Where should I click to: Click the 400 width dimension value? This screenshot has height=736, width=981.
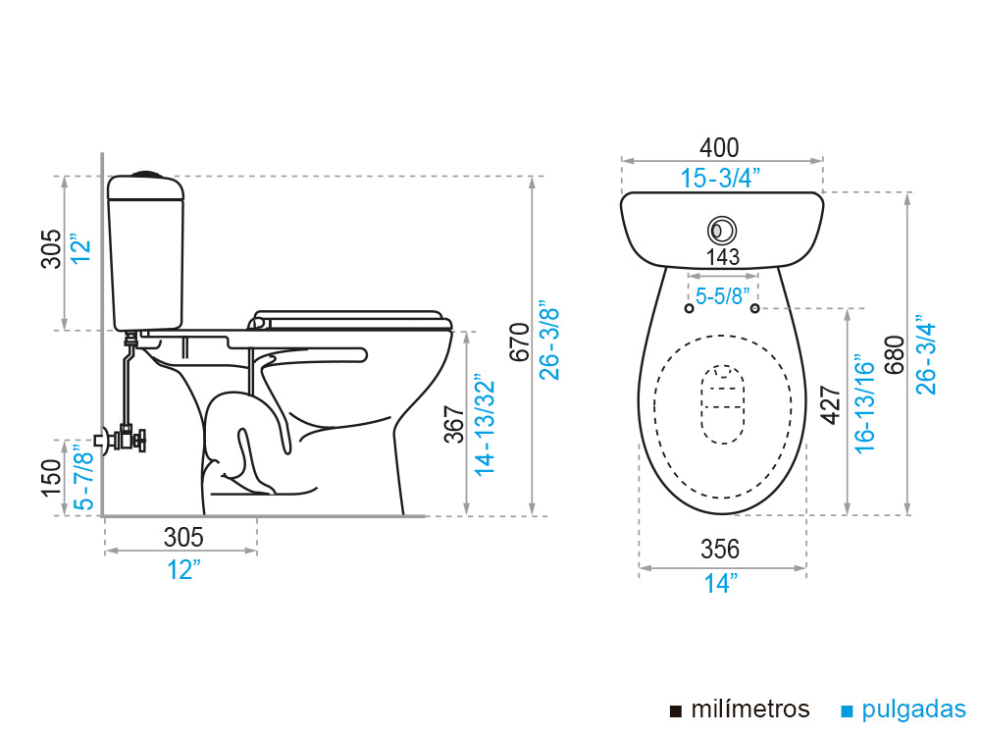point(719,148)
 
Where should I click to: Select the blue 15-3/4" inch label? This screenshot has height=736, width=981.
point(720,179)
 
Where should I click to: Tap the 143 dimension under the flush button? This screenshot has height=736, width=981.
point(723,256)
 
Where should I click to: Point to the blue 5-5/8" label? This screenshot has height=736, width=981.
point(723,296)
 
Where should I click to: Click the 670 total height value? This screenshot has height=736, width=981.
point(520,342)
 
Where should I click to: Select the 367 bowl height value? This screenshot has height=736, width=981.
point(455,424)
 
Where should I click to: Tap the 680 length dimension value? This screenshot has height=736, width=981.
point(896,355)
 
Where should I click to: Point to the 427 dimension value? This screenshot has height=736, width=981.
point(831,405)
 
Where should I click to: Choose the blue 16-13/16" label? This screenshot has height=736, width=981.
point(864,403)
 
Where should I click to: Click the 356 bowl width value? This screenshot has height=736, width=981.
point(720,549)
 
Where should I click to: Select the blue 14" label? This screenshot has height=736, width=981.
point(721,583)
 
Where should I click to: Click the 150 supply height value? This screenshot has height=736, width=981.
point(51,478)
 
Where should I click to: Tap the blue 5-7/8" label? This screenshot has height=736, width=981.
point(83,477)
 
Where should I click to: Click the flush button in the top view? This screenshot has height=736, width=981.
point(722,231)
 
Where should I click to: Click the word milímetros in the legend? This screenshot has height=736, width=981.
point(750,710)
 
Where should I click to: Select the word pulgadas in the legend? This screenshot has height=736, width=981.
point(913,710)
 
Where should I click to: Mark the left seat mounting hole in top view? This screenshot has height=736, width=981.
point(690,308)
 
